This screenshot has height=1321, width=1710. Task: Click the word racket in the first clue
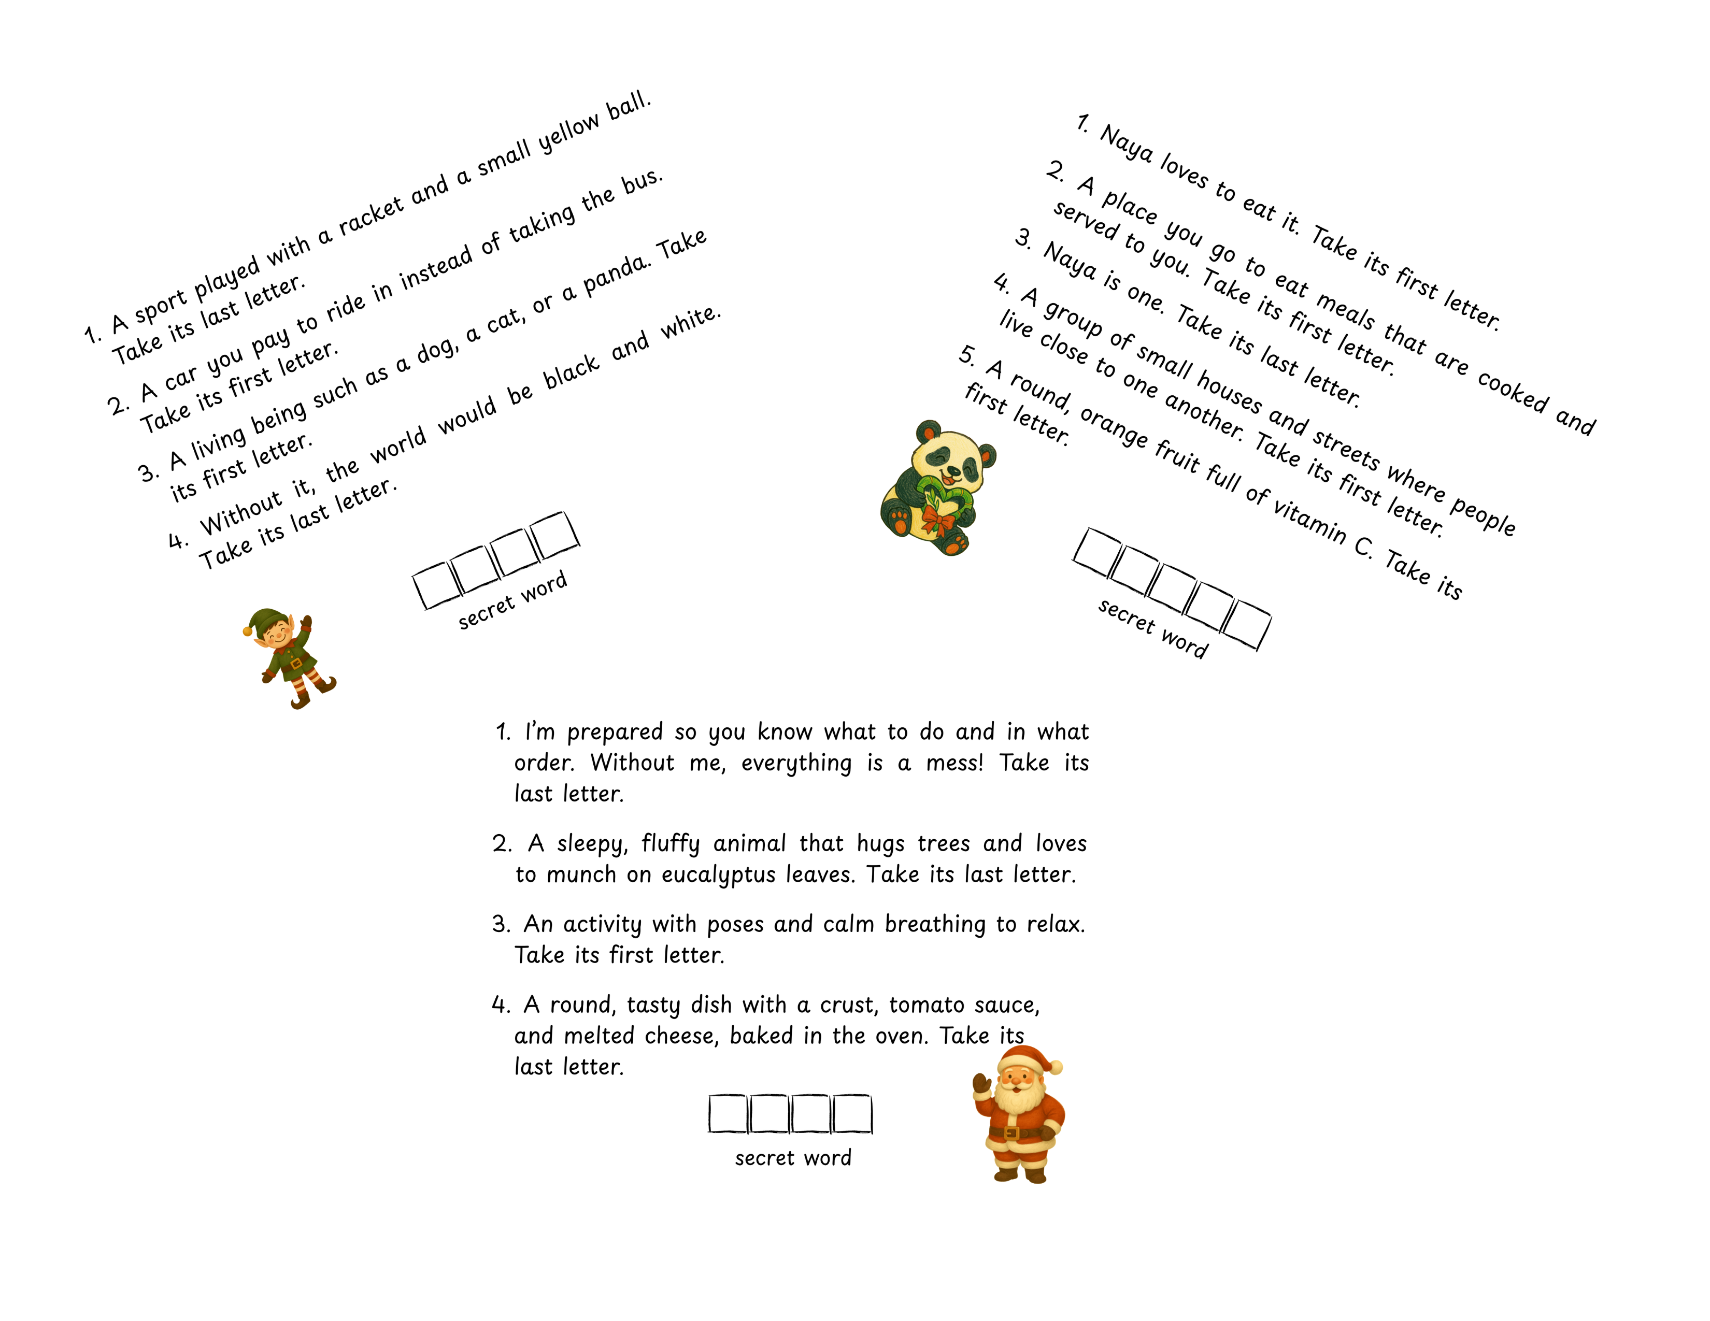371,213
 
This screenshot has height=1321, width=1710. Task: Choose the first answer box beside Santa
728,1114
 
